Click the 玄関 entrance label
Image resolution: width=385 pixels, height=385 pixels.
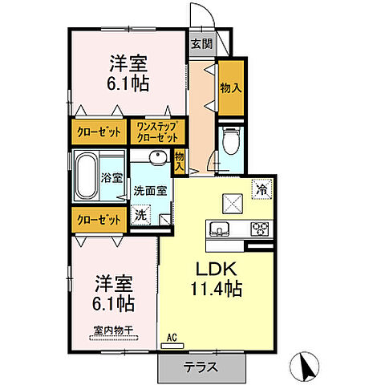coord(201,45)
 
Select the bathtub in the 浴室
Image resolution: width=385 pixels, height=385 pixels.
coord(85,176)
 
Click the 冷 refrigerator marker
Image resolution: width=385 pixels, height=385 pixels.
coord(261,189)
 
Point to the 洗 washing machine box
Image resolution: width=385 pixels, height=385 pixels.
coord(141,215)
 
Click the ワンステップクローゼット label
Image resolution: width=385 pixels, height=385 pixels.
coord(157,131)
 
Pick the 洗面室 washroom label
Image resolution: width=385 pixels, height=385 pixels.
coord(150,191)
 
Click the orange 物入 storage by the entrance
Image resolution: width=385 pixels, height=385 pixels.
coord(230,87)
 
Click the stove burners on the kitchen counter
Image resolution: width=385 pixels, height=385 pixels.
coord(260,229)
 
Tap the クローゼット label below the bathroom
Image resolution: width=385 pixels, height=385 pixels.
coord(99,219)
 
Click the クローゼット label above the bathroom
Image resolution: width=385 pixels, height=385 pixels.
coord(99,132)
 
